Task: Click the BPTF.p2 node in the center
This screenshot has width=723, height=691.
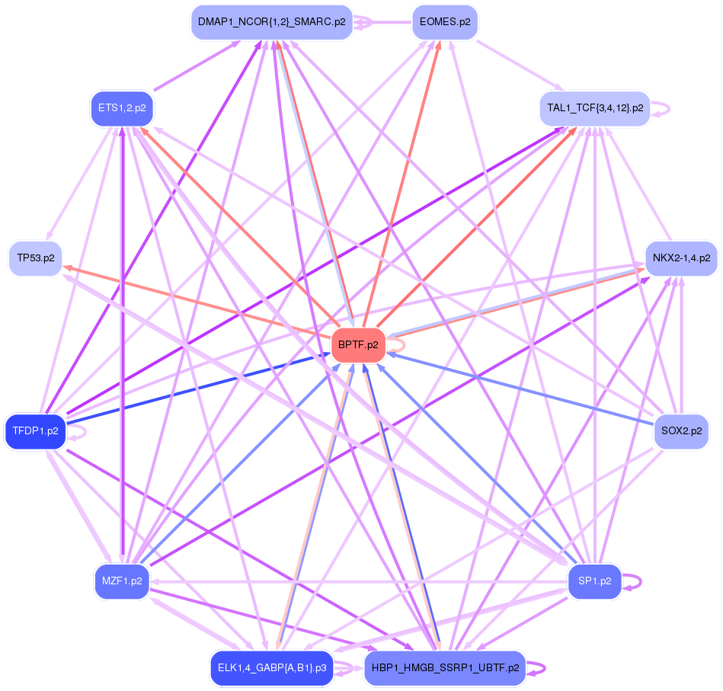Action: (358, 345)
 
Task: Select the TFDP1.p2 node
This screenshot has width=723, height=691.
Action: (35, 432)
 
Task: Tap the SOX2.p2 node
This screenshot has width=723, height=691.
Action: (681, 431)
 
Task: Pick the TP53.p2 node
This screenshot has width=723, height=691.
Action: (35, 258)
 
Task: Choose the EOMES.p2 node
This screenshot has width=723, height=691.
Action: (444, 22)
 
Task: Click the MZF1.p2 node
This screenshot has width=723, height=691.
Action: (122, 581)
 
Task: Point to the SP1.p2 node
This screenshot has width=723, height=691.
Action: (595, 581)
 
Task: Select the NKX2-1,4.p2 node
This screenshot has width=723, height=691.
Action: (681, 258)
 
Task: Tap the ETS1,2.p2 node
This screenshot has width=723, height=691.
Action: (122, 107)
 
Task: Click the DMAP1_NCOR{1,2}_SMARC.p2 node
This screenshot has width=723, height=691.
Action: (271, 22)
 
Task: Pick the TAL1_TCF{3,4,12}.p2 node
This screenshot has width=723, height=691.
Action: (595, 107)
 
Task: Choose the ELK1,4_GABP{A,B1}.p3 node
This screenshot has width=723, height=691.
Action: (271, 668)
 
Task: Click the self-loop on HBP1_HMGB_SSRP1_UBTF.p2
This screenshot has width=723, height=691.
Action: (539, 668)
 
